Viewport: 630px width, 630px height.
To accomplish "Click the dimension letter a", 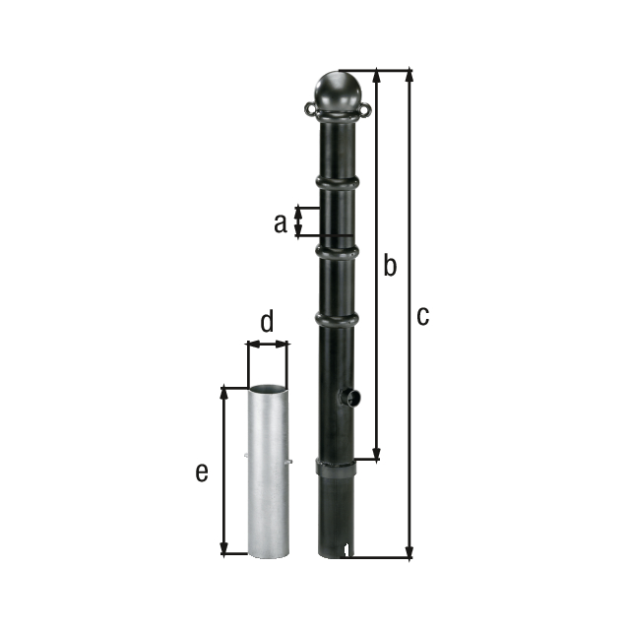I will (281, 223).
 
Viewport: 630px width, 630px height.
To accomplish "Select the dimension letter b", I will (390, 266).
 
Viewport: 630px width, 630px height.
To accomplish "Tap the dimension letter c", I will (422, 316).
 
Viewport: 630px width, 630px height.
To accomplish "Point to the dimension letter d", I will (266, 321).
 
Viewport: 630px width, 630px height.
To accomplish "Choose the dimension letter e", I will (201, 472).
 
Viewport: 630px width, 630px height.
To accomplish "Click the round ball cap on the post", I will (337, 93).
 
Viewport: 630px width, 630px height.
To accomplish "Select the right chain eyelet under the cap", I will (365, 108).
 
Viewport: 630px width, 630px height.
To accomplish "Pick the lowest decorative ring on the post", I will (337, 318).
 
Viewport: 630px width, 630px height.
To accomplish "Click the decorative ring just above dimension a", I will (337, 182).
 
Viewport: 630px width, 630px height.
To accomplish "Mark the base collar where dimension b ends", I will (336, 464).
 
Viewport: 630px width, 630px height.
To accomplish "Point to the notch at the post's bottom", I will (344, 551).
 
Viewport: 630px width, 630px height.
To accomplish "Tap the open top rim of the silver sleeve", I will (267, 388).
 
